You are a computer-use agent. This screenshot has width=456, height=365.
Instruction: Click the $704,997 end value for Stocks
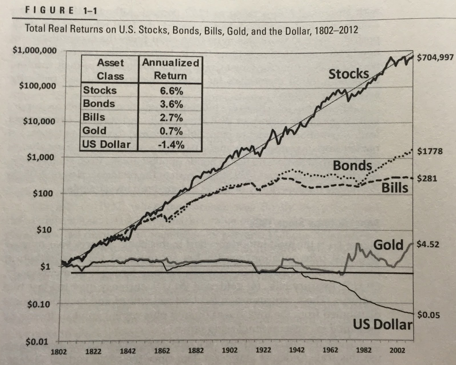click(x=435, y=58)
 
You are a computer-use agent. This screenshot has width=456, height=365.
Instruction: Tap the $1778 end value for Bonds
click(x=430, y=152)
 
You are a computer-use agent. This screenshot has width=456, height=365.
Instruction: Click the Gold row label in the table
click(x=92, y=131)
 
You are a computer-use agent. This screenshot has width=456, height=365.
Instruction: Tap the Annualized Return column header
click(x=170, y=69)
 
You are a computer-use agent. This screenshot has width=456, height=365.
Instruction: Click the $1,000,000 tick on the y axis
click(x=34, y=50)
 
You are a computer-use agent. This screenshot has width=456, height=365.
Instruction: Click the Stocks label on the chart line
click(x=349, y=74)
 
